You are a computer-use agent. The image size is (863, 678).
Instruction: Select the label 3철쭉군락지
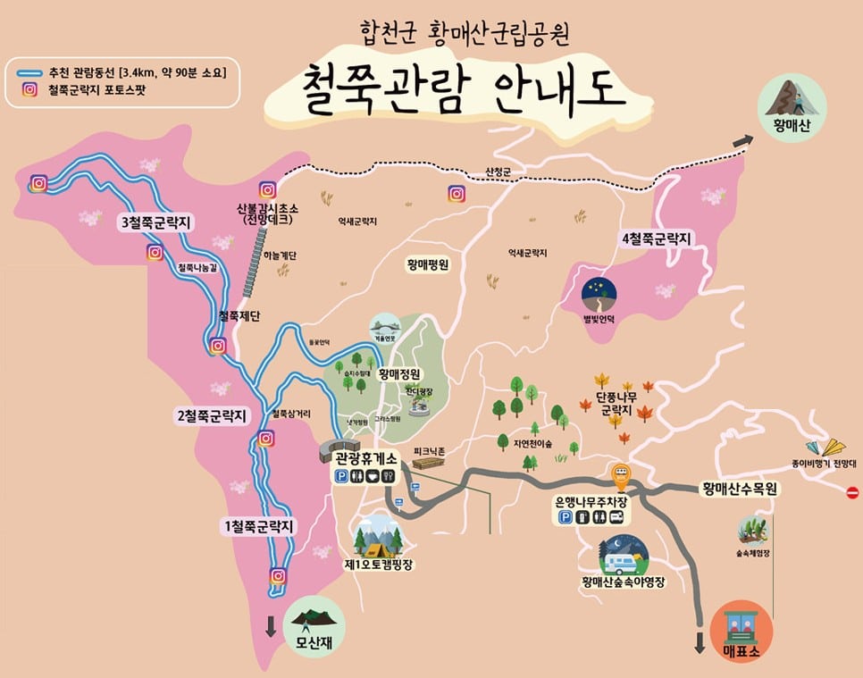click(x=156, y=222)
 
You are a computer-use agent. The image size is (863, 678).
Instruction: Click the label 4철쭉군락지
click(x=658, y=239)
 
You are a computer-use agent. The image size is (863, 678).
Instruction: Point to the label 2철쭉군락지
click(x=210, y=414)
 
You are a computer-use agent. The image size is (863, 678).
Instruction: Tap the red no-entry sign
click(x=851, y=492)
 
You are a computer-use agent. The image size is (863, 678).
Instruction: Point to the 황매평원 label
click(x=427, y=264)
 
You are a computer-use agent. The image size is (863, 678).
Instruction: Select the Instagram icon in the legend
click(x=29, y=89)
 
